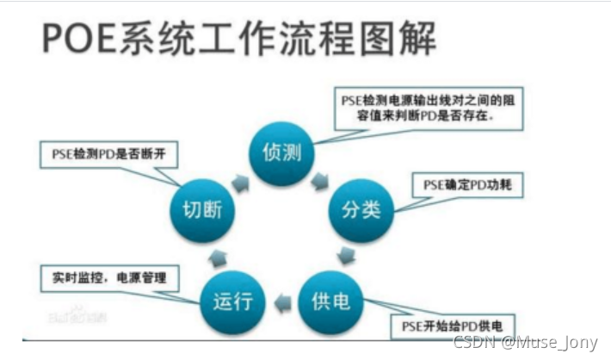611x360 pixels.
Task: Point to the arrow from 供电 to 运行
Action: point(281,302)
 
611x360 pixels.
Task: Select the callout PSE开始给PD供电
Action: point(447,326)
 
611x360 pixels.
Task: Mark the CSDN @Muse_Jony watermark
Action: point(527,343)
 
